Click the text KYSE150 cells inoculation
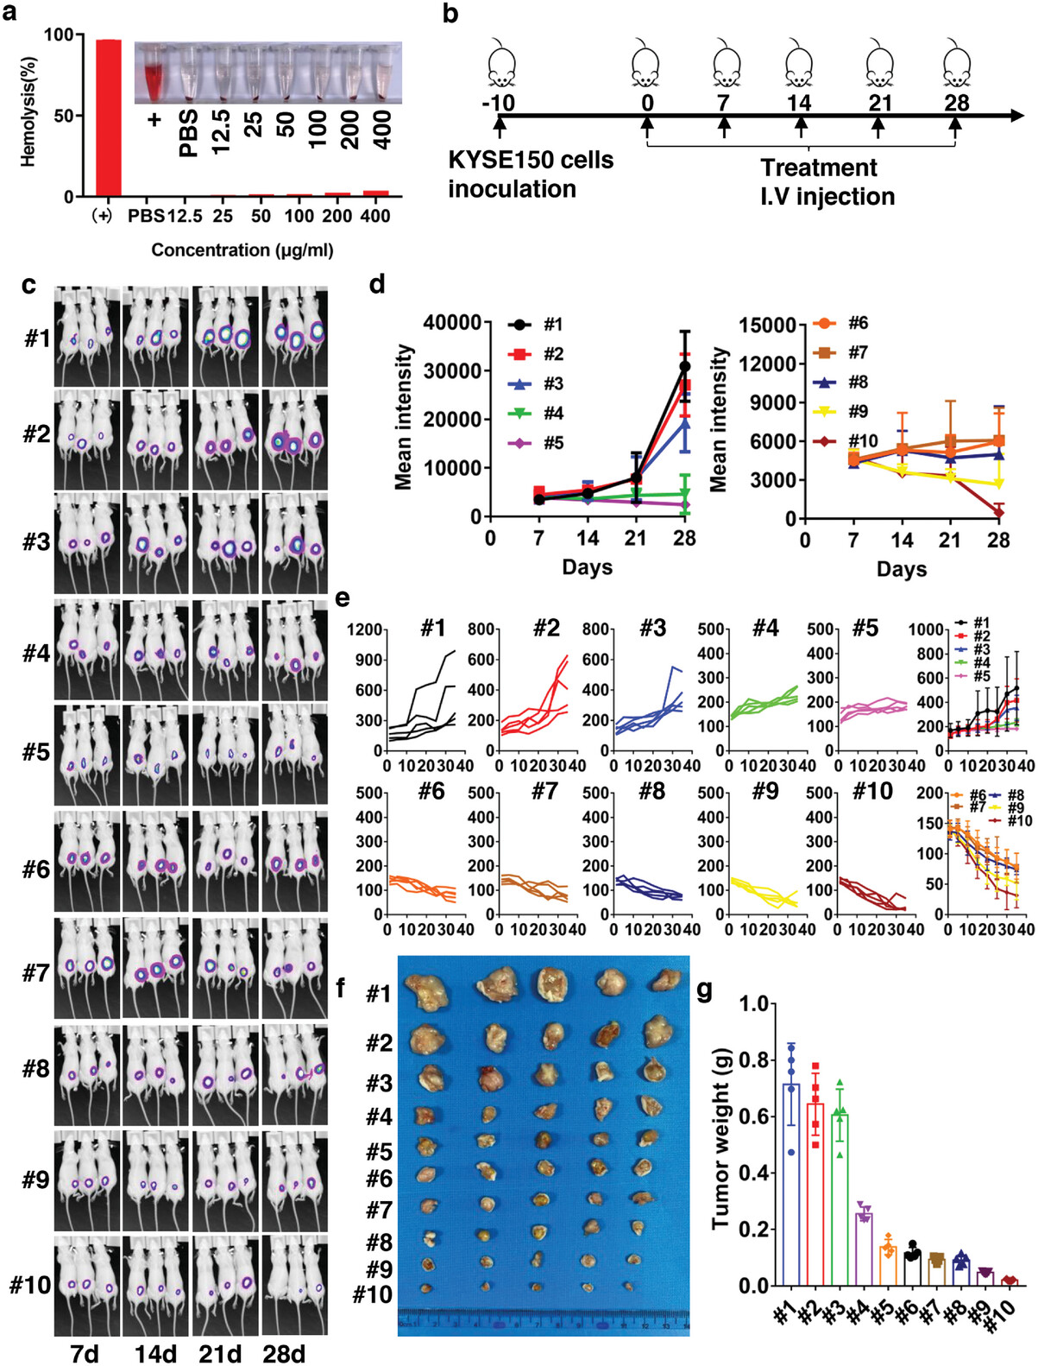[x=530, y=174]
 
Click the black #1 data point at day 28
[x=685, y=366]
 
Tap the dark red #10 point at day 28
[x=998, y=512]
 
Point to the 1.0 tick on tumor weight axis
[x=754, y=1004]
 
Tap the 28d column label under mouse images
[x=284, y=1353]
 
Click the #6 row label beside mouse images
[x=36, y=869]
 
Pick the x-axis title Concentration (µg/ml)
[x=242, y=250]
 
